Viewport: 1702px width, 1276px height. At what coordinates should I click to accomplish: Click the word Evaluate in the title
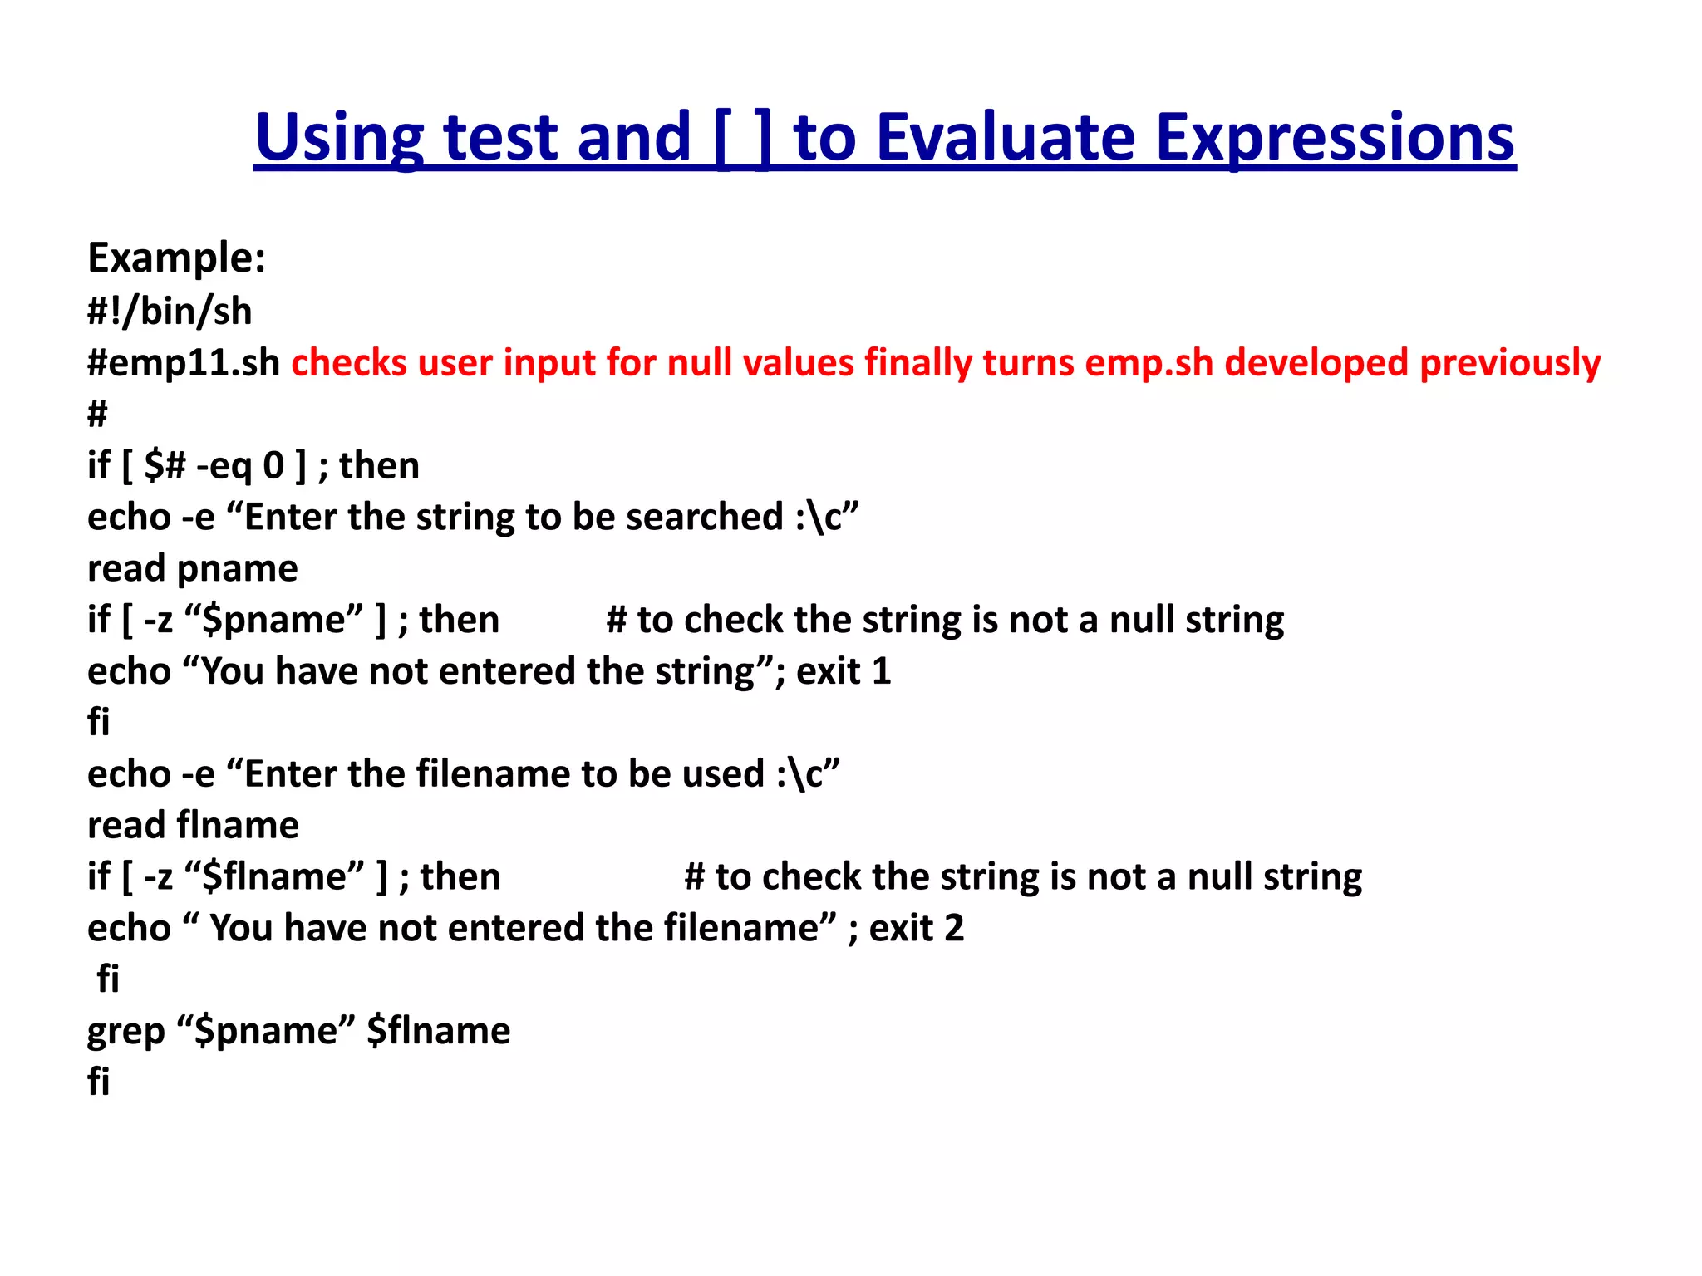pos(1006,138)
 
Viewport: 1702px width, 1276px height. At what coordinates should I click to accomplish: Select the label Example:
pos(176,258)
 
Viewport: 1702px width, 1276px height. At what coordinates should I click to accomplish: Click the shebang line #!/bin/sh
pos(170,311)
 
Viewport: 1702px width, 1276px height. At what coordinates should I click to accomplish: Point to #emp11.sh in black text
pos(184,363)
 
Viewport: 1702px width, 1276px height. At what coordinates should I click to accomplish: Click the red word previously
pos(1510,363)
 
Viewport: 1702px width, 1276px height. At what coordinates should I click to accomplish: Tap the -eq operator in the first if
pos(224,465)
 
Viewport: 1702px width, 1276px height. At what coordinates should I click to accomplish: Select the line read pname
pos(193,568)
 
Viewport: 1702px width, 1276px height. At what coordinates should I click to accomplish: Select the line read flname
pos(193,825)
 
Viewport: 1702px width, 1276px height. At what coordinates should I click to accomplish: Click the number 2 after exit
pos(954,928)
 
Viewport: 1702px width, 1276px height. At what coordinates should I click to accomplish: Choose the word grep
pos(126,1031)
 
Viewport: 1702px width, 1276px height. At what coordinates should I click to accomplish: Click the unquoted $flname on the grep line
pos(439,1031)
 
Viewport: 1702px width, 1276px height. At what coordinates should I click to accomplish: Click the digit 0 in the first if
pos(273,465)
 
